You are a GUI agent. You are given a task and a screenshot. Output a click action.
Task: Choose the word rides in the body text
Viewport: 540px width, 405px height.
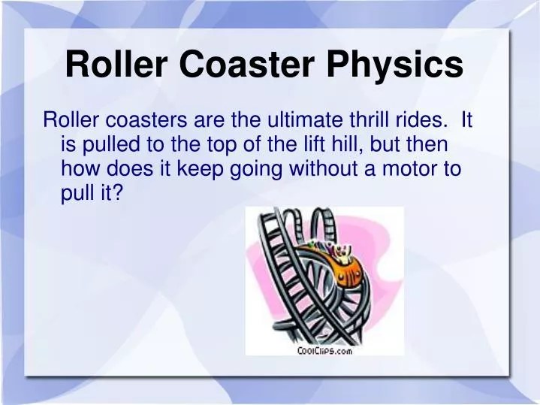428,119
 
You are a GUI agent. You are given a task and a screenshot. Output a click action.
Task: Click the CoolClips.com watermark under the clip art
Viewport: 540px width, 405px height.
324,350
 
